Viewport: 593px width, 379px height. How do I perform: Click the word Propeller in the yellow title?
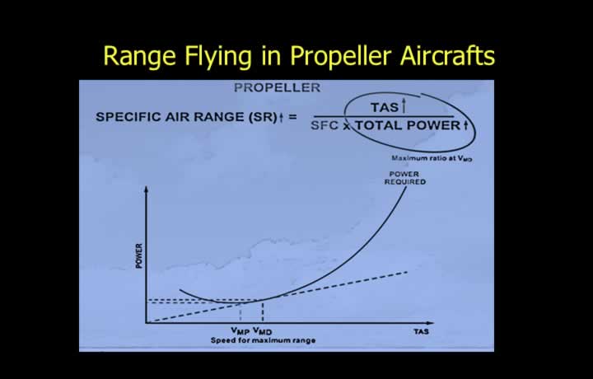tap(340, 57)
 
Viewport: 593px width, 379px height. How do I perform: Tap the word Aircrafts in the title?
tap(447, 55)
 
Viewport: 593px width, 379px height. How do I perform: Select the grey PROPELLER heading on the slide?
tap(278, 88)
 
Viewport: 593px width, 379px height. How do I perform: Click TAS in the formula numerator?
tap(385, 107)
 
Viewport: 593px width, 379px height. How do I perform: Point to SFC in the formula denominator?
tap(325, 125)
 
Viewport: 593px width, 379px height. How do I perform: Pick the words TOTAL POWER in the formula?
tap(408, 125)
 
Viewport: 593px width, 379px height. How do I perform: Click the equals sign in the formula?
tap(292, 116)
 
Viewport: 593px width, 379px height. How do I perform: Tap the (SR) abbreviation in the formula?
tap(263, 117)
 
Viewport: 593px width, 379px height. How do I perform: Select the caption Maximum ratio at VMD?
tap(432, 158)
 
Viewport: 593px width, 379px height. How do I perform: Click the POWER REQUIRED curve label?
tap(405, 178)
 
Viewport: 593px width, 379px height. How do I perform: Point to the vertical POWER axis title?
tap(139, 256)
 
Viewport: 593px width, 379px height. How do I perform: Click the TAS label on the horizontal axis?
tap(421, 332)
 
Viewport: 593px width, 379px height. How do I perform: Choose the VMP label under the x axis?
tap(240, 331)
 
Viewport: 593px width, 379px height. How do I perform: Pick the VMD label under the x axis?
tap(263, 331)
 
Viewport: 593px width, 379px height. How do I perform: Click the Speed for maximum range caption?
tap(263, 340)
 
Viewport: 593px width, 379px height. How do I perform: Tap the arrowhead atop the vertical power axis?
tap(147, 189)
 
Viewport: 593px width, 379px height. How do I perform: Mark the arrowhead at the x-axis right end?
tap(430, 323)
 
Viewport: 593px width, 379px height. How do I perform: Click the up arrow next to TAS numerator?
tap(404, 106)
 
